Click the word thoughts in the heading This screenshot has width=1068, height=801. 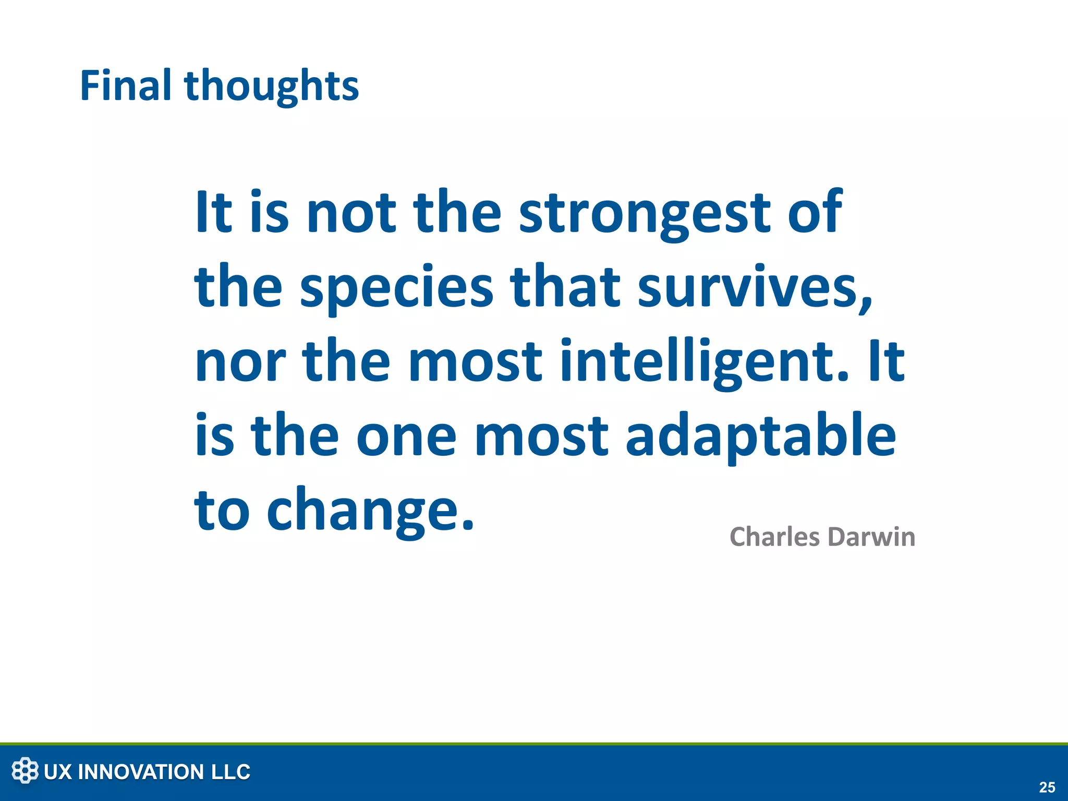click(271, 87)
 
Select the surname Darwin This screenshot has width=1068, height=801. click(871, 537)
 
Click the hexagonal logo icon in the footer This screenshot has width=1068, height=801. click(25, 771)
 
